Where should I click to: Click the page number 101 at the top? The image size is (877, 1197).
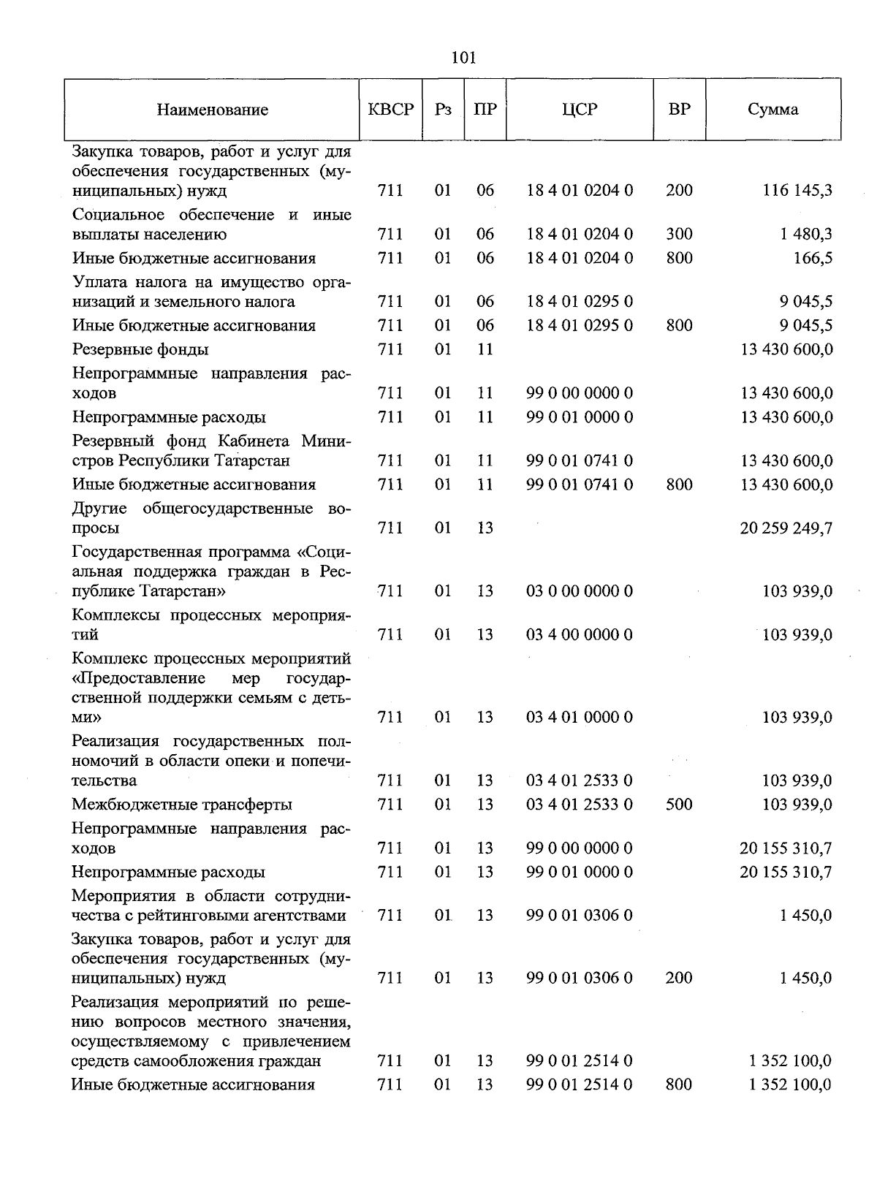coord(463,58)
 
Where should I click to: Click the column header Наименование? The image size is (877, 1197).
coord(212,110)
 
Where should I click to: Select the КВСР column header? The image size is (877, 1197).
coord(391,110)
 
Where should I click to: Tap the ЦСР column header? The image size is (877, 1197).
coord(580,110)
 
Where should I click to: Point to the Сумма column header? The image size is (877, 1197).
coord(772,110)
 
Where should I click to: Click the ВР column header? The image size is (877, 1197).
coord(679,110)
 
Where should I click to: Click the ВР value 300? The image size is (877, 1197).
coord(679,235)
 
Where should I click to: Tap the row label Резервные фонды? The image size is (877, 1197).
coord(140,349)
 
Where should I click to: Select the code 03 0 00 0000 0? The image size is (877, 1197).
coord(580,591)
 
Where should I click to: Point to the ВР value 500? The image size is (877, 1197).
coord(679,805)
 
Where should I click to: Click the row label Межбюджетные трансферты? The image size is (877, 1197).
coord(182,805)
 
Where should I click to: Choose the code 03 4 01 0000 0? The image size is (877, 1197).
coord(580,718)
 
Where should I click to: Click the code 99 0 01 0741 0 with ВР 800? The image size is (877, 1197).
coord(580,484)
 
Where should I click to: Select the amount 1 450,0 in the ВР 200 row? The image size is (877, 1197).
coord(805,978)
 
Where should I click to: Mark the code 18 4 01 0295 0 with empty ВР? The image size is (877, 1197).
coord(580,302)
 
